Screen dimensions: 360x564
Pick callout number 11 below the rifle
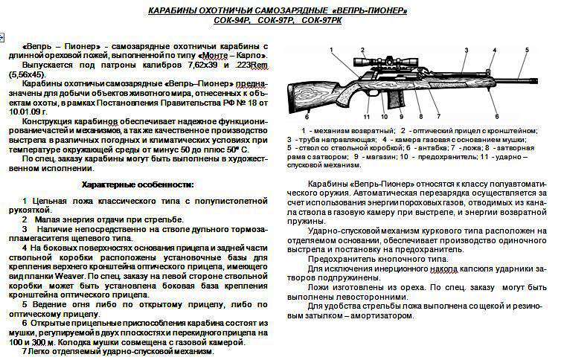pos(367,117)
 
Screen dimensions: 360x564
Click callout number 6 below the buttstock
pos(307,117)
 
